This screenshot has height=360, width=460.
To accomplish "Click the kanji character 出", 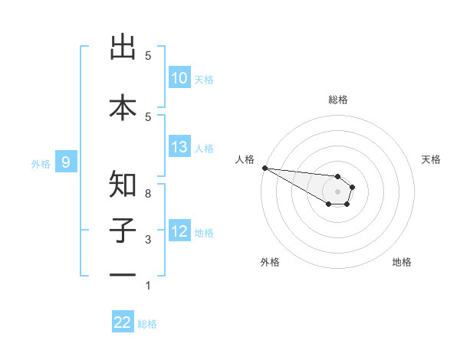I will pos(123,47).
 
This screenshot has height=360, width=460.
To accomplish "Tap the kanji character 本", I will pos(123,107).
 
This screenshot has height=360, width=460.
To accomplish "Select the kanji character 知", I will pos(123,184).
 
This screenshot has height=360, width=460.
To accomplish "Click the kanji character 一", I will pos(123,274).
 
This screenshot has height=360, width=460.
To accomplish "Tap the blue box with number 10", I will pos(179,78).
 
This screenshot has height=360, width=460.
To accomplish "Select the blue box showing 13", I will pos(179,148).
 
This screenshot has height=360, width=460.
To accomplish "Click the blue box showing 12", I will pos(179,231).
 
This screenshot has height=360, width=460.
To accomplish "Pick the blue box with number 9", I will pos(66,162).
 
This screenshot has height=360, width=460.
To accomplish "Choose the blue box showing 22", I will pos(123,322).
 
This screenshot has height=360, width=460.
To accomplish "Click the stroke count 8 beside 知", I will pos(148,194).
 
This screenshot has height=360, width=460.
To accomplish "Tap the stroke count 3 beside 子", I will pos(148,241).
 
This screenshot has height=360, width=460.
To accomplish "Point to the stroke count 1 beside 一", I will pos(148,286).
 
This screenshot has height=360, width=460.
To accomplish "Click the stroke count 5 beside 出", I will pos(148,56).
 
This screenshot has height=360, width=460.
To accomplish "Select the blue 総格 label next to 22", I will pos(147,324).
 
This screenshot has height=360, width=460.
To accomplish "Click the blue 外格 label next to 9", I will pos(41,163).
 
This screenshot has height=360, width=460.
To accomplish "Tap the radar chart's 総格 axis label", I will pos(337,100).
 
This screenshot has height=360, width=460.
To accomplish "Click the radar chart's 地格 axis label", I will pos(402,262).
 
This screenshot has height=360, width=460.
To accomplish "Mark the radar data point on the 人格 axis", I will pos(264,168).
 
